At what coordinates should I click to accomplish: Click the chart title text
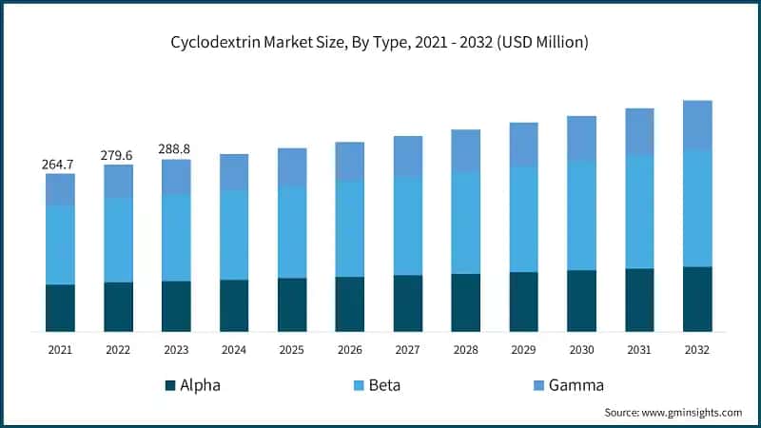tap(380, 43)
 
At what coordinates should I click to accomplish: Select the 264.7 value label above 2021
tap(60, 165)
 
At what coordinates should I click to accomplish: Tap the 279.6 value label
tap(118, 155)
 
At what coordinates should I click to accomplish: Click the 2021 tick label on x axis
tap(60, 350)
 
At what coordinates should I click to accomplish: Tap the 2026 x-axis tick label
tap(350, 350)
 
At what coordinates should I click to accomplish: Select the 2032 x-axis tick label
tap(697, 350)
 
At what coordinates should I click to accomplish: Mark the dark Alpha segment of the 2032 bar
tap(697, 299)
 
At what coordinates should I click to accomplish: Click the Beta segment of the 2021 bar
tap(60, 244)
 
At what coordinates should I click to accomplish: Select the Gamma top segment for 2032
tap(697, 125)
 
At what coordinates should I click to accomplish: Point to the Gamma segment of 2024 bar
tap(234, 171)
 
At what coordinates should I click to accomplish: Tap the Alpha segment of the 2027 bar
tap(408, 302)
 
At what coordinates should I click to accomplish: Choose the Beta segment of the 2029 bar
tap(524, 219)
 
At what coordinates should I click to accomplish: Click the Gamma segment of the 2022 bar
tap(118, 181)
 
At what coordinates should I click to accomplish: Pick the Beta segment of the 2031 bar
tap(639, 211)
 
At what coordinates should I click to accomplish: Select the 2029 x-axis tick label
tap(524, 350)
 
